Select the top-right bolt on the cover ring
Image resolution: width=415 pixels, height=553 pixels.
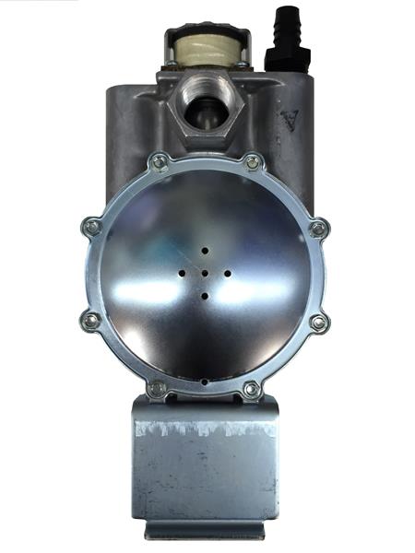tap(252, 163)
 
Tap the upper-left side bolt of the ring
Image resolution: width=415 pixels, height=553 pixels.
tap(91, 227)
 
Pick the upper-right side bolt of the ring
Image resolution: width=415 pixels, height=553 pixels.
tap(319, 227)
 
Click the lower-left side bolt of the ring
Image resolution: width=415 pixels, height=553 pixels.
tap(91, 321)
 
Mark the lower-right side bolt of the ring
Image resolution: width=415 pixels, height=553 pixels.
tap(319, 323)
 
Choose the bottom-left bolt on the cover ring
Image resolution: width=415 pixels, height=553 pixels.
tap(158, 389)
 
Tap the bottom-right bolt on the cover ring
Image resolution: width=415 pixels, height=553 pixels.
tap(251, 390)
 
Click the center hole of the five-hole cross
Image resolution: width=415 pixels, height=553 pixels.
tap(204, 273)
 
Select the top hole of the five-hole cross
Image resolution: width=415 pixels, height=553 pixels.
tap(204, 250)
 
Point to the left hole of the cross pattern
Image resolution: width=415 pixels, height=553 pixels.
tap(183, 274)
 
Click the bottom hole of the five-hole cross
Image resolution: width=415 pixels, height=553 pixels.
tap(204, 296)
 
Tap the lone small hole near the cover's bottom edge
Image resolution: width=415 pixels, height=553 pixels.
tap(204, 381)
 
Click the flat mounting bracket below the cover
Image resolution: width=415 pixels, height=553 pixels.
tap(205, 470)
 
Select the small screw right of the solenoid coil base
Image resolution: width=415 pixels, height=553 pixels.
tap(243, 65)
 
